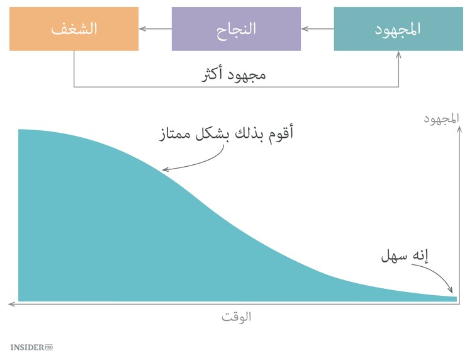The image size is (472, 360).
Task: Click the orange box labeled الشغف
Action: click(74, 29)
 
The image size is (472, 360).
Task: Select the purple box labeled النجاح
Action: click(236, 29)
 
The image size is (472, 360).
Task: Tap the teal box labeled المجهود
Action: click(398, 29)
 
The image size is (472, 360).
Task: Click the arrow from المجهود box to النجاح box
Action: click(318, 29)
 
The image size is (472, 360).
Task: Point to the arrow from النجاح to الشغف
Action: click(155, 29)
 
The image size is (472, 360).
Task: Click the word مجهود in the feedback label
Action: click(249, 74)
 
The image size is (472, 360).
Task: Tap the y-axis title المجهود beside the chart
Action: click(442, 118)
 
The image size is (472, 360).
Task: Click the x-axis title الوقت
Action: click(236, 317)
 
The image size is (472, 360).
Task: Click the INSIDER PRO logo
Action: click(31, 347)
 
